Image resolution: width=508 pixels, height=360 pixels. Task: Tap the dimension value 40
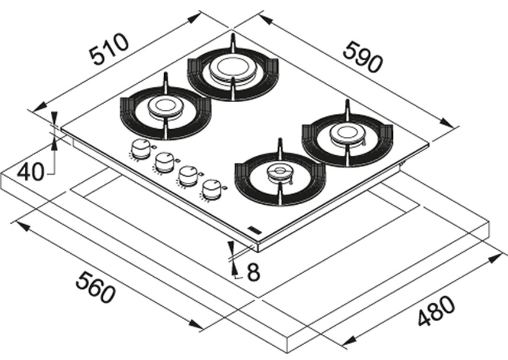tap(30, 172)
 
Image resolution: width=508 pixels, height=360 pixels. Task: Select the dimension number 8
tap(253, 273)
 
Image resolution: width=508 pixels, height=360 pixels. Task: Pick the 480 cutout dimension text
tap(437, 311)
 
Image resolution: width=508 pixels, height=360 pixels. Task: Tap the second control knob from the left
tap(165, 161)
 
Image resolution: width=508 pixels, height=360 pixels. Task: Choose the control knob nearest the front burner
tap(211, 188)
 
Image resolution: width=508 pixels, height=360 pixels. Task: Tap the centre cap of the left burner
tap(162, 107)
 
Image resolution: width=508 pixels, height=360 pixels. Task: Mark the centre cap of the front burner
tap(278, 173)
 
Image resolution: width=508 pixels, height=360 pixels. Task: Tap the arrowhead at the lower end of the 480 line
tap(349, 343)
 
